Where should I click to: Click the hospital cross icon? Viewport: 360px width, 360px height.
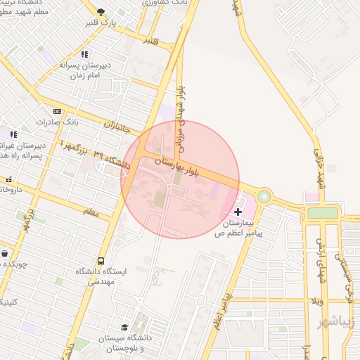click(x=238, y=211)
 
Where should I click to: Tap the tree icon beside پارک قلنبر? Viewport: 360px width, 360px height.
click(x=101, y=12)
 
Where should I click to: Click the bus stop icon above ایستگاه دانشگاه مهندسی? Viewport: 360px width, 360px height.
click(x=101, y=261)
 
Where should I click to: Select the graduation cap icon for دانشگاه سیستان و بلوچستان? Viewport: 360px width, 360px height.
click(x=124, y=328)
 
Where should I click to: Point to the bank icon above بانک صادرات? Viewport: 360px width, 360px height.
click(x=57, y=111)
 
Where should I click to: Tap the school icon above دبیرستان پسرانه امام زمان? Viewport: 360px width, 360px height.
click(x=84, y=53)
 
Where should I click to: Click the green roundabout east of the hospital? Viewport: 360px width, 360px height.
click(x=264, y=197)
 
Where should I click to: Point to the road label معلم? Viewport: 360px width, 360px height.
click(x=91, y=211)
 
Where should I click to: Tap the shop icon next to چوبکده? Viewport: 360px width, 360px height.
click(x=5, y=253)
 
